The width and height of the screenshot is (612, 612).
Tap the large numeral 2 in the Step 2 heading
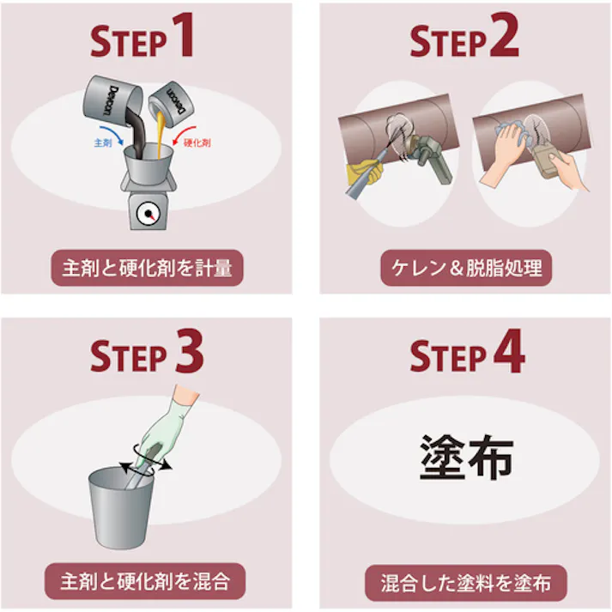coord(504,35)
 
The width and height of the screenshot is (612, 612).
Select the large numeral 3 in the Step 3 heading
coord(190,350)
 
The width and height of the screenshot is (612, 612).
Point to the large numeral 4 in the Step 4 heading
coord(509,350)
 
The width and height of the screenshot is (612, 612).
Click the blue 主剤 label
coord(103,142)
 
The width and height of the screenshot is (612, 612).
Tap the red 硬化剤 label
coord(197,142)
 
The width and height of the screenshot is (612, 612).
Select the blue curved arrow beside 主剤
coord(112,135)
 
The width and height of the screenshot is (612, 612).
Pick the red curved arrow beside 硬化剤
coord(184,135)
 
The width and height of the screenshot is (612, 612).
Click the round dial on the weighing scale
coord(148,214)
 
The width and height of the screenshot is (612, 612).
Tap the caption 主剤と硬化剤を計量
coord(147,268)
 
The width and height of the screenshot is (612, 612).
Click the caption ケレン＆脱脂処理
coord(466,268)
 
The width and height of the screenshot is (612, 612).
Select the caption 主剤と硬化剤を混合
coord(145,581)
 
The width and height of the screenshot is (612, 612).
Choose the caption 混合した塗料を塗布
coord(465,583)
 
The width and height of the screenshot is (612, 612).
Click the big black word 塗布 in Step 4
coord(466,457)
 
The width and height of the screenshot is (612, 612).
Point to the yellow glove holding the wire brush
coord(364,172)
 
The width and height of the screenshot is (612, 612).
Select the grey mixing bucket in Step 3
coord(121,507)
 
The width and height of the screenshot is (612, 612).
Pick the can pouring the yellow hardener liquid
coord(172,104)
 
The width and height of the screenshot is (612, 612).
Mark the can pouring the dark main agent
coord(112,100)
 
